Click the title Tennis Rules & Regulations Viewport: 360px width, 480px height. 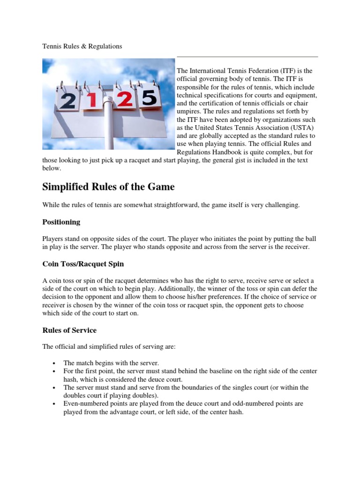82,46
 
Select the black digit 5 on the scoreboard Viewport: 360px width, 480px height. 149,97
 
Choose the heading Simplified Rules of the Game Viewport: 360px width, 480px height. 108,187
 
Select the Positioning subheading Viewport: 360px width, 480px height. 61,222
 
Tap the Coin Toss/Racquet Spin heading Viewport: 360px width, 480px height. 83,264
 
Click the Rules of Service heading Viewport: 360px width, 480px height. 69,330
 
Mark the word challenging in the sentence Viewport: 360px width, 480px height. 283,205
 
